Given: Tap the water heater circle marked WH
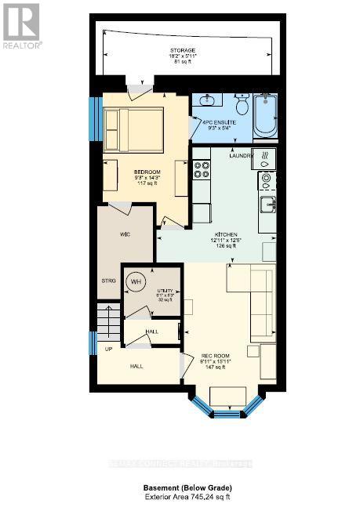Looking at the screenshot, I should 136,282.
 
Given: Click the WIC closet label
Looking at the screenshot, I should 113,234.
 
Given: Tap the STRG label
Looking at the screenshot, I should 109,281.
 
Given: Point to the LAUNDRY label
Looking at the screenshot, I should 239,155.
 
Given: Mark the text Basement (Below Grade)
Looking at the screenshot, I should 180,487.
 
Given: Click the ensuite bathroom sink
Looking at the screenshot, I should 209,101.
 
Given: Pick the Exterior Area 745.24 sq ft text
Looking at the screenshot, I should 180,497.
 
